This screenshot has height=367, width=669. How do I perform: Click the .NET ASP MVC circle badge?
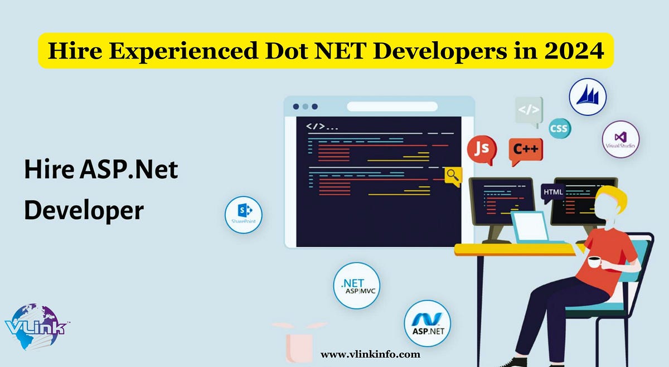(356, 285)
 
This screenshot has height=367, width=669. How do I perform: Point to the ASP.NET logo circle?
(427, 323)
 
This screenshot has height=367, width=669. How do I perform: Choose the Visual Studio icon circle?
(620, 139)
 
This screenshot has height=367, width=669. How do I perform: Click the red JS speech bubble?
(482, 148)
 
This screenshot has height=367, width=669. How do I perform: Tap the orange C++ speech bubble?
(525, 150)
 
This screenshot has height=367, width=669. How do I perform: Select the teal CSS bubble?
(559, 129)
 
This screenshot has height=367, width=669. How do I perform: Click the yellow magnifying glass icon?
(453, 176)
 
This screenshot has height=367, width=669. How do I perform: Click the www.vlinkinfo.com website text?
(370, 354)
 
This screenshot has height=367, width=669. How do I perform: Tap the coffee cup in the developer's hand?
(594, 262)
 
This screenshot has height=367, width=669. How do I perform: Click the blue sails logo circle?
(587, 96)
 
